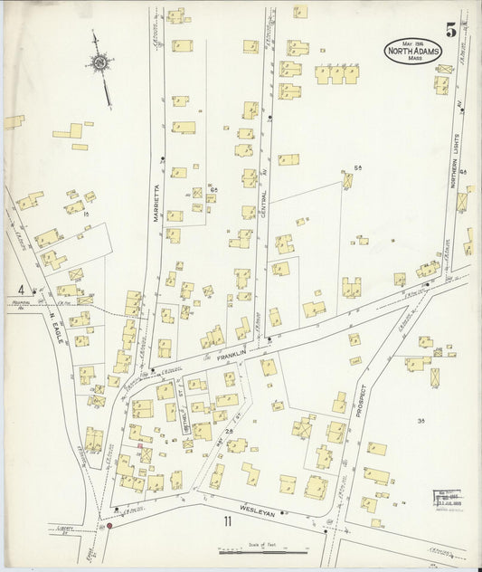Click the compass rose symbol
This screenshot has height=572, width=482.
99,63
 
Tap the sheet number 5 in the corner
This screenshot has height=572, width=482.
450,30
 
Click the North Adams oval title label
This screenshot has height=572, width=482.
412,51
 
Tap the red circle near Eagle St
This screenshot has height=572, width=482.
110,524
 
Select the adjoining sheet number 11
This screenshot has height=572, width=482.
228,521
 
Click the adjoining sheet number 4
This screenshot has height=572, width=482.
19,290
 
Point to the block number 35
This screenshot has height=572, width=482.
421,422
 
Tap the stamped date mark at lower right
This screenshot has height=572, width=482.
447,500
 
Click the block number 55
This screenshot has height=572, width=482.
358,167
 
